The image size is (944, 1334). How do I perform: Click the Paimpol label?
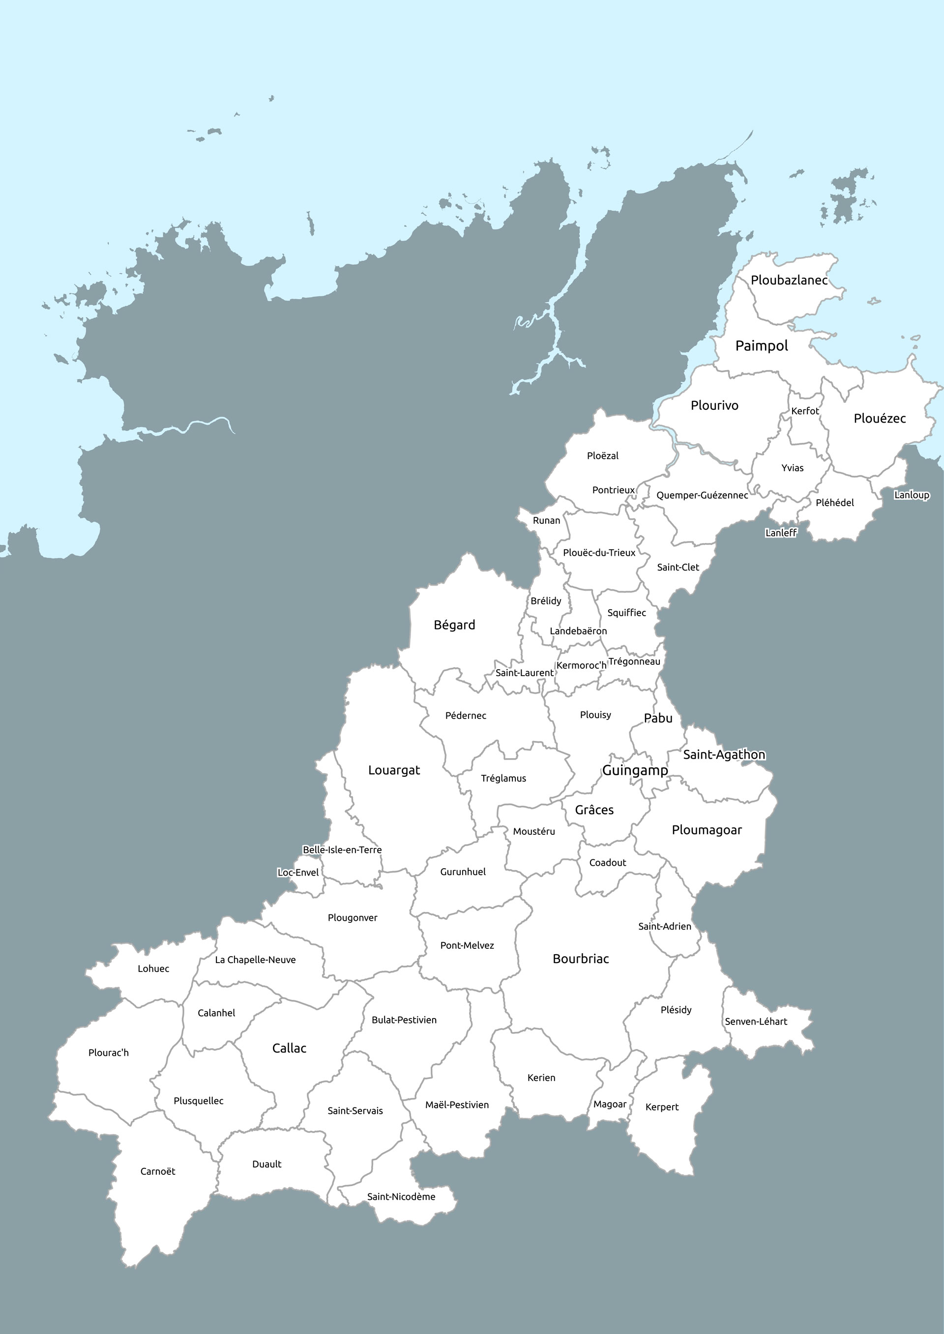(762, 346)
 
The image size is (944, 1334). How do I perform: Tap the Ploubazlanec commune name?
(789, 280)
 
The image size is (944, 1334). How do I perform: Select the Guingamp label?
(635, 770)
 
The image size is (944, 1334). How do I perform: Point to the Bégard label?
(454, 625)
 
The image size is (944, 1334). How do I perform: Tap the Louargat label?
(393, 770)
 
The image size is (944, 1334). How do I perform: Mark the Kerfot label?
(805, 411)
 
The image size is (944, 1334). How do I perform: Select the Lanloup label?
(912, 495)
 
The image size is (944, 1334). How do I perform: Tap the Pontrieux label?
(613, 490)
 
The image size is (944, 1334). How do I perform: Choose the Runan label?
(546, 521)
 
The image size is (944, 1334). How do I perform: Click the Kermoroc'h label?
(581, 665)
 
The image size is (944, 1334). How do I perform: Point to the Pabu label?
(658, 719)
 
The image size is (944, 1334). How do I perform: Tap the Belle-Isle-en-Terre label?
(342, 850)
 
